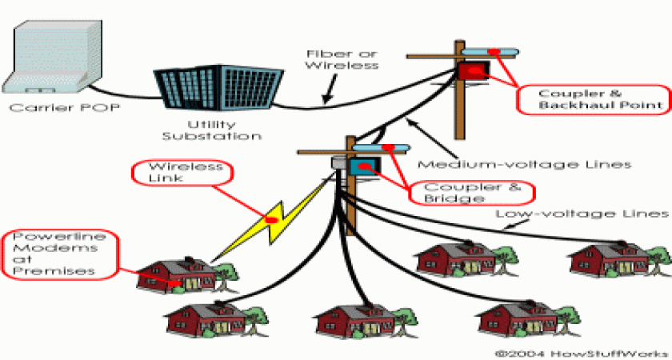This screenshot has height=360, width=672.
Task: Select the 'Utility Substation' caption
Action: click(212, 130)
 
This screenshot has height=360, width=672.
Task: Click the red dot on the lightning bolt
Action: click(272, 218)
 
